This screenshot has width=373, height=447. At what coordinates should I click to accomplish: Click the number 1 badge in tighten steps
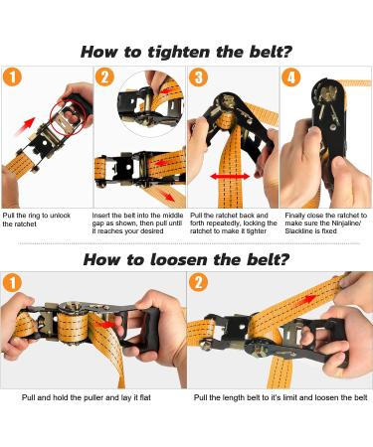(12, 76)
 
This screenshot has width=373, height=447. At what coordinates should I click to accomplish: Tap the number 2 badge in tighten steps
(104, 76)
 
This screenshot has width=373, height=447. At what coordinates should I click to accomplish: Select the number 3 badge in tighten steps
(198, 76)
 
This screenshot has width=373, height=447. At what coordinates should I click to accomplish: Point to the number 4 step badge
(291, 76)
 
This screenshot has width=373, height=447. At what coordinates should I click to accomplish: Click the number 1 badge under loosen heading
(12, 283)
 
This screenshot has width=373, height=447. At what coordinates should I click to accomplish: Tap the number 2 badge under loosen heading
(198, 283)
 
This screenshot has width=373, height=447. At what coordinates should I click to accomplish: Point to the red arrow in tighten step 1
(25, 126)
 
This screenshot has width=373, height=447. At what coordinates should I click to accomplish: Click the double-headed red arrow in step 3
(230, 176)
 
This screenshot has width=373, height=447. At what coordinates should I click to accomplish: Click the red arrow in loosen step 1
(107, 324)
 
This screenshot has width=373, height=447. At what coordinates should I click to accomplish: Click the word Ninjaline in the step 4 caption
(346, 223)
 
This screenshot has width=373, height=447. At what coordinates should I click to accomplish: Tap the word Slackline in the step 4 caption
(298, 231)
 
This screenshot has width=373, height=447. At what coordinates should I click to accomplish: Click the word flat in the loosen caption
(145, 397)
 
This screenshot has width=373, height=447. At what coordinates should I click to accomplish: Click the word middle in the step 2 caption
(172, 216)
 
